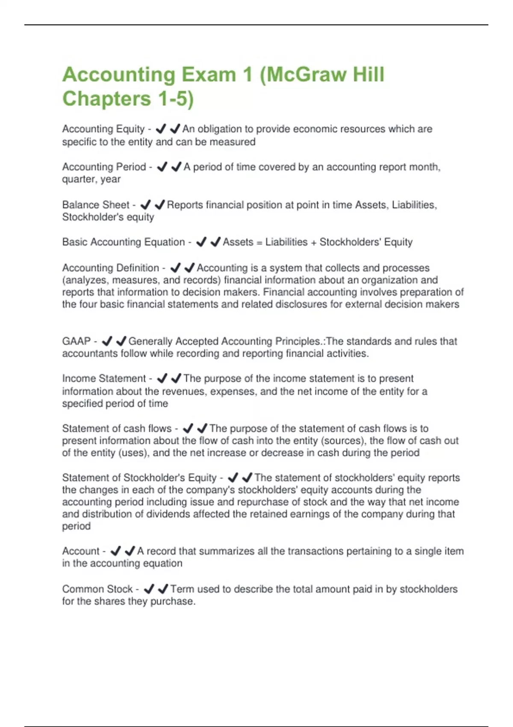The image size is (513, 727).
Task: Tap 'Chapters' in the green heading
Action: click(106, 99)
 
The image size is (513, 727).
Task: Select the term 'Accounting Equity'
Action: click(103, 129)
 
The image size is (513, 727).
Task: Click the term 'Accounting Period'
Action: click(104, 167)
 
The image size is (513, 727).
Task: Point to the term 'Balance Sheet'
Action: click(95, 205)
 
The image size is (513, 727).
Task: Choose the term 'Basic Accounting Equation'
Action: click(123, 242)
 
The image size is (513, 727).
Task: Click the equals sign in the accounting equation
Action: click(259, 242)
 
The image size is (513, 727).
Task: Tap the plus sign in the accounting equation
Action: click(313, 242)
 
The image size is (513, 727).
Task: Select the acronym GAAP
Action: click(77, 341)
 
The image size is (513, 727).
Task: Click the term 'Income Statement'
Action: click(104, 378)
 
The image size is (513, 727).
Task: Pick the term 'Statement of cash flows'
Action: click(117, 429)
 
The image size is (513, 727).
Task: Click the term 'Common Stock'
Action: click(97, 589)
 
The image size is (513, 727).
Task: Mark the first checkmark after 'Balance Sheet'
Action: click(145, 205)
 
